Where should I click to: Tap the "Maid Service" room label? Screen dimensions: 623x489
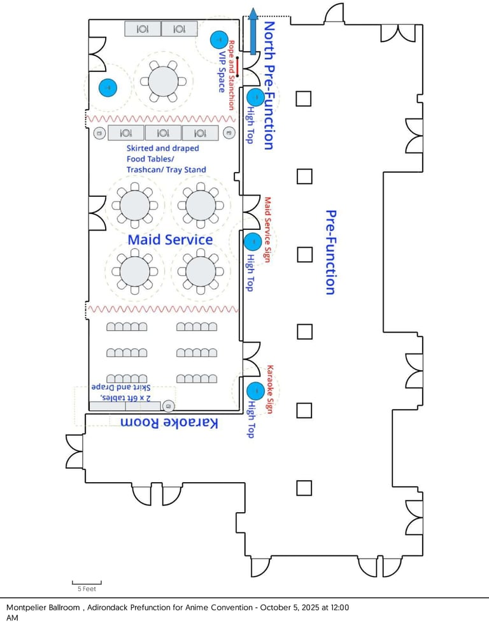(x=170, y=240)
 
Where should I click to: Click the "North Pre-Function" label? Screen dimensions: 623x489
(x=269, y=85)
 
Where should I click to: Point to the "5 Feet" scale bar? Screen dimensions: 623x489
(x=86, y=585)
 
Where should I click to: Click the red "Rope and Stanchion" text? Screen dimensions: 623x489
(x=232, y=75)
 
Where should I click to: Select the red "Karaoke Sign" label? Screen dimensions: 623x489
(x=270, y=389)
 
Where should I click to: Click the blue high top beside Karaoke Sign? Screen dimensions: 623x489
(x=255, y=390)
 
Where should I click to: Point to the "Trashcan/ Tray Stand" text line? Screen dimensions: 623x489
(x=166, y=169)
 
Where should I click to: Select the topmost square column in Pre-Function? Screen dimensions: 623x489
(x=304, y=98)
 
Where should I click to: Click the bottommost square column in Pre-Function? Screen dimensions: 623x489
(x=304, y=488)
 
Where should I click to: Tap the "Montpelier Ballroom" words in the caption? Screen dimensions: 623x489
(x=43, y=608)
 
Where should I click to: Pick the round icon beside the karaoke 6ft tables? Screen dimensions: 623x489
(x=169, y=406)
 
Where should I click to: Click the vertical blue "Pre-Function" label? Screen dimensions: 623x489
(x=330, y=252)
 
